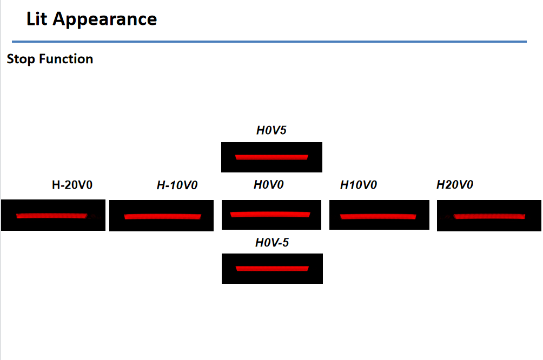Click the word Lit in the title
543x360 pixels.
[x=36, y=19]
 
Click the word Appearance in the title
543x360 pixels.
[x=105, y=20]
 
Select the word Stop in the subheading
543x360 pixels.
[x=21, y=59]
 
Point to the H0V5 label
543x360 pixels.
[x=271, y=130]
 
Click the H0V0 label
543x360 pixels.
[x=268, y=184]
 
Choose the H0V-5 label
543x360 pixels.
[x=272, y=242]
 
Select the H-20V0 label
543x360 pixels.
[x=72, y=185]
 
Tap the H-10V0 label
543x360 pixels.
[x=177, y=185]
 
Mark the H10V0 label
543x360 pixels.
[x=359, y=185]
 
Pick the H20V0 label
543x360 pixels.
[x=455, y=184]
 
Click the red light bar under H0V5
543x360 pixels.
[x=271, y=157]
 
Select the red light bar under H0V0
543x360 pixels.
[x=270, y=214]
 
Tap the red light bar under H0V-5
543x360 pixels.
[x=272, y=269]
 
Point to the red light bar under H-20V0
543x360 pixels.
[x=52, y=216]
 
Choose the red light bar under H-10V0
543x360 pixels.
[x=162, y=217]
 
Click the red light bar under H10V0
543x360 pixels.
[x=378, y=217]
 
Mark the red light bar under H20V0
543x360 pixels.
[x=489, y=217]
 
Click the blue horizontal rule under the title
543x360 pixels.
[x=269, y=42]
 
